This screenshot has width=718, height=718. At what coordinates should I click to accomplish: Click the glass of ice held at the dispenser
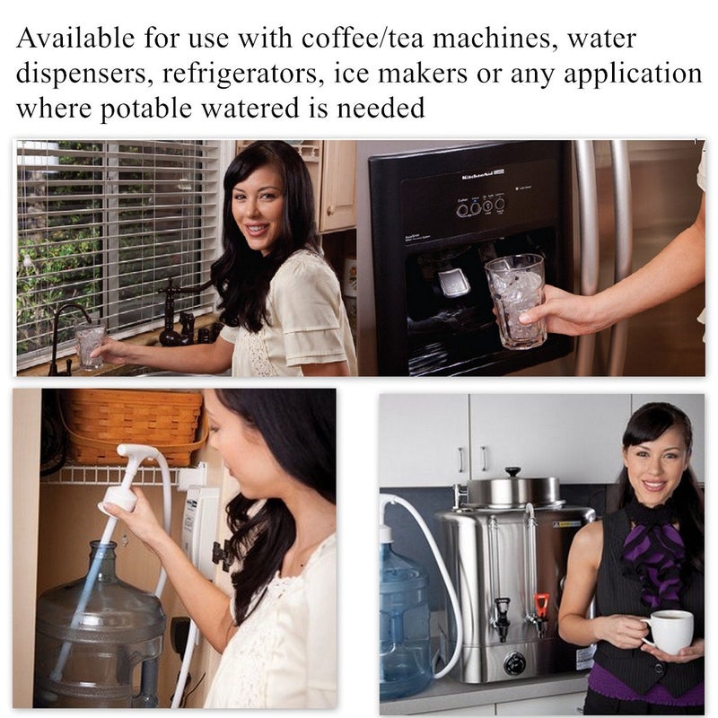click(x=516, y=298)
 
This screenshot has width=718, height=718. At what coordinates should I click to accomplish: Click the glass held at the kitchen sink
click(x=90, y=346)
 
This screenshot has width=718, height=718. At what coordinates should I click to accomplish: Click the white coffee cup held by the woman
click(x=670, y=631)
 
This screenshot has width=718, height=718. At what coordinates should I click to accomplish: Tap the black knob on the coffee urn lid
click(x=512, y=471)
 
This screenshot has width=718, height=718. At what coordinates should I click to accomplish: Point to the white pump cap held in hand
click(x=121, y=497)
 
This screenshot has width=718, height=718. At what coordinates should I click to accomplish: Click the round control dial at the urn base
click(x=513, y=665)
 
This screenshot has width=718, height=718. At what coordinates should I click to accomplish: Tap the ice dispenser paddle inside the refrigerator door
click(x=454, y=282)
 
